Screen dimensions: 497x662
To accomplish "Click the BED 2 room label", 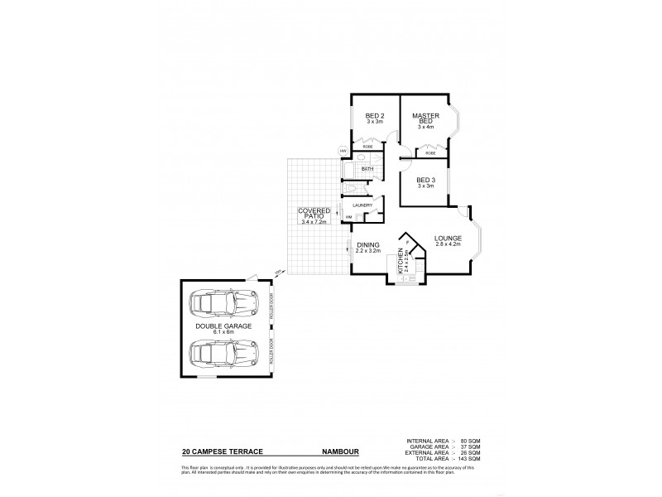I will [x=375, y=115].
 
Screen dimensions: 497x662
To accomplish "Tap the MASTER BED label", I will [x=425, y=118].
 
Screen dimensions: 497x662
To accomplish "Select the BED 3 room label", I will [x=425, y=180].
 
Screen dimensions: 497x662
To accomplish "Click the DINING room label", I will [x=368, y=245].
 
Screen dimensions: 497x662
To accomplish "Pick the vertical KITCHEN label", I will [x=401, y=261].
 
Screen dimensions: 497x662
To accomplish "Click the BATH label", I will [x=367, y=169].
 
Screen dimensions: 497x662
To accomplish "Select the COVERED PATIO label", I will [x=314, y=214].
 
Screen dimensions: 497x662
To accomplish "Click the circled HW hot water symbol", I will [x=343, y=151].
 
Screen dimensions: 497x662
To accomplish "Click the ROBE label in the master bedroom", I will [x=431, y=153].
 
